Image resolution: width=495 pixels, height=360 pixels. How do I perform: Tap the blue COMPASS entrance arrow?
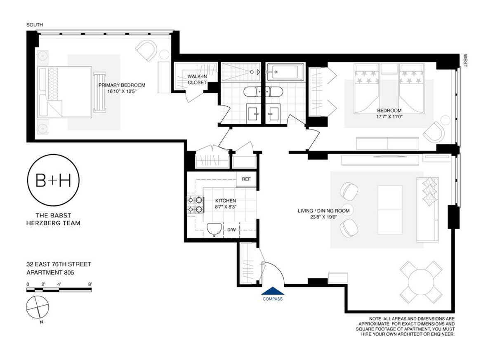272,291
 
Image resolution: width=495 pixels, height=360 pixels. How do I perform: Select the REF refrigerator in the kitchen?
246,179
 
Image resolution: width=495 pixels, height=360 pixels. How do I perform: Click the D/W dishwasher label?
232,230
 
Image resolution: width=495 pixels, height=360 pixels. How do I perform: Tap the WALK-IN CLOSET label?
197,79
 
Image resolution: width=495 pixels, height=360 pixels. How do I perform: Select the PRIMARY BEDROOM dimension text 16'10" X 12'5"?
122,91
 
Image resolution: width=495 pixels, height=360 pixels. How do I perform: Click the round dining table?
422,282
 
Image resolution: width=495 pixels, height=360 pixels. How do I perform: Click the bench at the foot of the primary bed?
99,92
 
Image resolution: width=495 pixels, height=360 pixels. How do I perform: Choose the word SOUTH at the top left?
34,25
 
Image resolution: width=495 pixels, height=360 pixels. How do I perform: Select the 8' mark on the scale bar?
90,284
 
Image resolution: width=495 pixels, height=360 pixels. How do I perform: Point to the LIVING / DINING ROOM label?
324,211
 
